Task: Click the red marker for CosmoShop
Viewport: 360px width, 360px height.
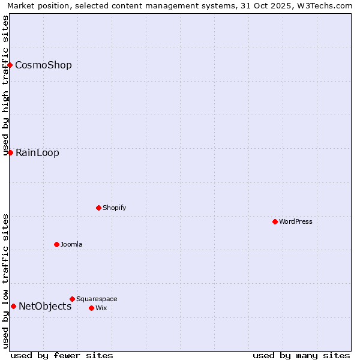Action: click(10, 65)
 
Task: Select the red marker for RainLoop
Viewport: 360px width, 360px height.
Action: click(10, 152)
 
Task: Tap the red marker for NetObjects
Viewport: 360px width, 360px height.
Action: click(13, 306)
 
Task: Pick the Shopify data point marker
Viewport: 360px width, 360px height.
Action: click(98, 208)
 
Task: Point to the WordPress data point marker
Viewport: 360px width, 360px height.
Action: click(275, 221)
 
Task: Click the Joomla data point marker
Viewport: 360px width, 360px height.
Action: click(56, 244)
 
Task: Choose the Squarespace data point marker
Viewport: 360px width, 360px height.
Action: click(72, 299)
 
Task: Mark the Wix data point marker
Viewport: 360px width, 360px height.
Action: click(91, 308)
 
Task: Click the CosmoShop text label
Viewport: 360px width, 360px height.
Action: click(43, 65)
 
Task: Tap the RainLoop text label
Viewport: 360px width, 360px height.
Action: click(37, 152)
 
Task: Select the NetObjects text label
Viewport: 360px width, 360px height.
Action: click(45, 306)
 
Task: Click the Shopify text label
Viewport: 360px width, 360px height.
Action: click(114, 208)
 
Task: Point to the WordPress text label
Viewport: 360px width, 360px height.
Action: click(295, 221)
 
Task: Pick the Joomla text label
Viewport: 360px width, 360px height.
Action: click(71, 244)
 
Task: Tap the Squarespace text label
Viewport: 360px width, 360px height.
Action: click(97, 299)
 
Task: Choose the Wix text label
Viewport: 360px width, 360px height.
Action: click(101, 308)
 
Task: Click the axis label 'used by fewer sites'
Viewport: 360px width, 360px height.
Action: click(62, 355)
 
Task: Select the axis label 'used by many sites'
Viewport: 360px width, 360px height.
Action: click(301, 355)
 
